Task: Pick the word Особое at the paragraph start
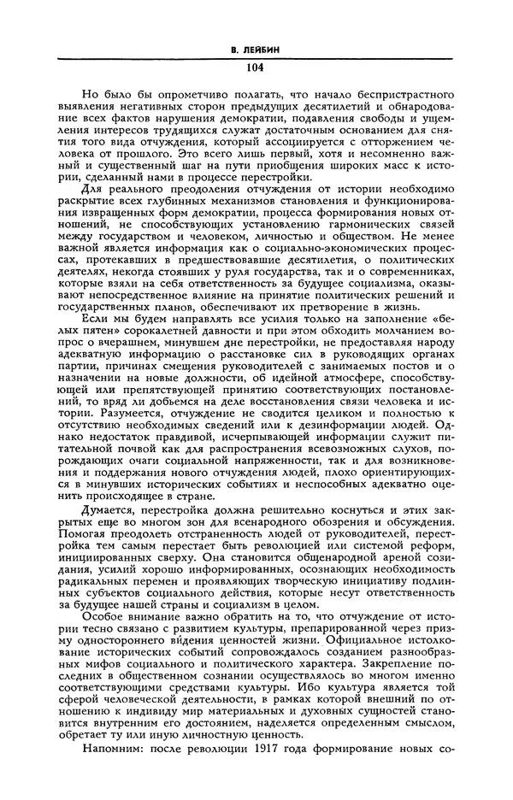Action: coord(105,617)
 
